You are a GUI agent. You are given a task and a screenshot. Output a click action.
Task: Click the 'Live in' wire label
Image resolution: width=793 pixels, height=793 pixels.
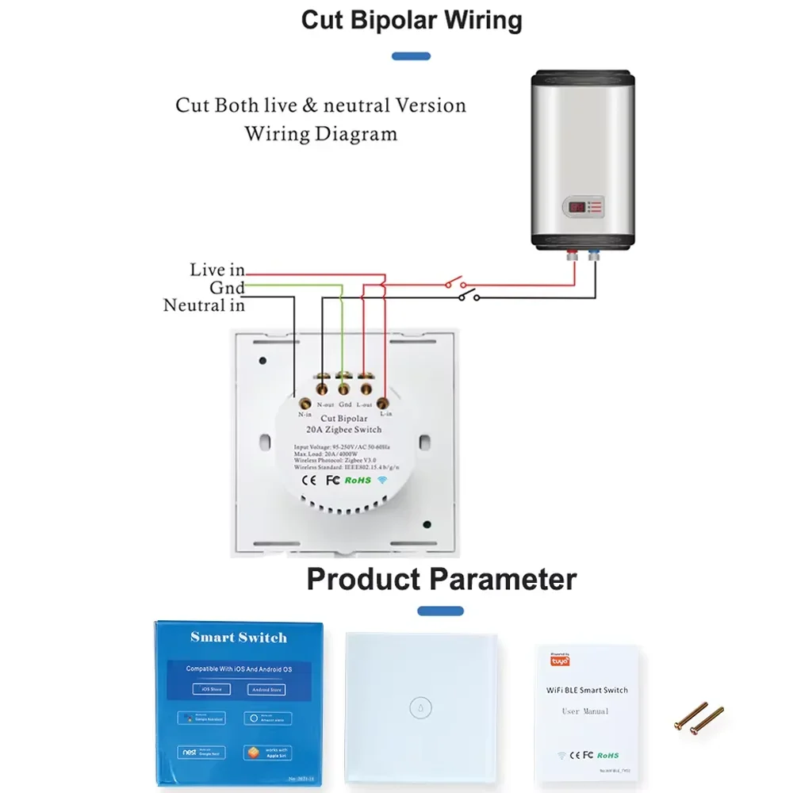click(x=216, y=270)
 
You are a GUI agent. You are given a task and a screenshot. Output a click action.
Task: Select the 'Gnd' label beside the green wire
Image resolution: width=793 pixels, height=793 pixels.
click(x=227, y=288)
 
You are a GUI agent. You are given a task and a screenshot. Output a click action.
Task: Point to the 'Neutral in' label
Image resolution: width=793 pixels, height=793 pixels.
click(x=204, y=305)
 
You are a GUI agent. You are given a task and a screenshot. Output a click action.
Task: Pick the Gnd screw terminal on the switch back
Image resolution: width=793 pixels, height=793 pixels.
click(x=344, y=389)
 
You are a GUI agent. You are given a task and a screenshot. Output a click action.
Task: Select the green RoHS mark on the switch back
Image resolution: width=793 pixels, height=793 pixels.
click(x=358, y=480)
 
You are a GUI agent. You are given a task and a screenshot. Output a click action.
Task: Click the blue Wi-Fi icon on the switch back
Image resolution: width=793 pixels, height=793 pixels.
click(x=382, y=480)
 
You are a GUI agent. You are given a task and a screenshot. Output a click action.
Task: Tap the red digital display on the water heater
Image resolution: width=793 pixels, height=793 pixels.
click(x=577, y=208)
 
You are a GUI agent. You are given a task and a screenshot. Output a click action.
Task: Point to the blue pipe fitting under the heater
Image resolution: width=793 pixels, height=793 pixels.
click(x=593, y=255)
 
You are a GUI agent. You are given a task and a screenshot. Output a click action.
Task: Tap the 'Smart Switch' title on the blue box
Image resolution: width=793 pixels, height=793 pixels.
click(x=239, y=638)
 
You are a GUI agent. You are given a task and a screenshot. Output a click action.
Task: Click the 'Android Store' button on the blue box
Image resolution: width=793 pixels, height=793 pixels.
click(x=266, y=689)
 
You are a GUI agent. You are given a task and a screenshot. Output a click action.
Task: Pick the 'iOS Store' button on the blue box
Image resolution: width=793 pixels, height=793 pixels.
click(x=211, y=689)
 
